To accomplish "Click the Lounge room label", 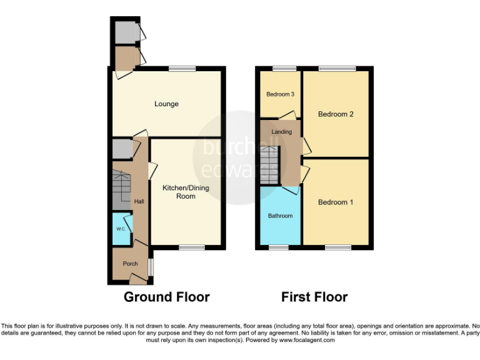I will [x=166, y=104].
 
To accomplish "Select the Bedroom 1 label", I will [x=336, y=202].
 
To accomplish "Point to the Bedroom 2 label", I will [x=336, y=114].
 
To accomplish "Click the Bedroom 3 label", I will [x=280, y=94].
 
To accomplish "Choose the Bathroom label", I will [x=280, y=216].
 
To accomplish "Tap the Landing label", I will [x=281, y=132].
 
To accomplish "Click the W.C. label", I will [x=121, y=229].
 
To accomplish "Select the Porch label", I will [x=130, y=264].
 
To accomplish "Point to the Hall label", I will [x=139, y=201].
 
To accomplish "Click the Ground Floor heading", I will [x=166, y=297].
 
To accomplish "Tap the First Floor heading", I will [x=314, y=297].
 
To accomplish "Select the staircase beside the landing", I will [x=270, y=164].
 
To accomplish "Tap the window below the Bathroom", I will [x=279, y=247].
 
